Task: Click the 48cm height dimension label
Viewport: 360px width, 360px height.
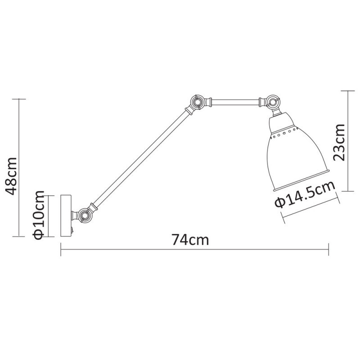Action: tap(10, 175)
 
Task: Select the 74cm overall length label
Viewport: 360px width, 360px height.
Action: tap(190, 240)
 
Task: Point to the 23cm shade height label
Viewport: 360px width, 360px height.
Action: tap(339, 142)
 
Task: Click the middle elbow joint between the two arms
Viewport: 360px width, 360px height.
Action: tap(197, 103)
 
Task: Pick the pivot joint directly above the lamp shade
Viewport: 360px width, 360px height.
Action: tap(272, 102)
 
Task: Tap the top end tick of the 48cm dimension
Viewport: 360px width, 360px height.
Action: tap(19, 99)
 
